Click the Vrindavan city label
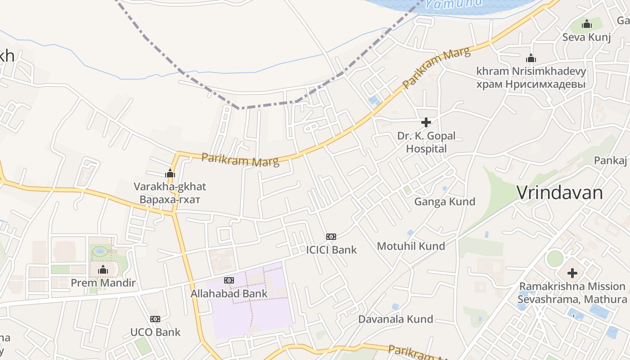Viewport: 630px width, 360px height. coord(559,193)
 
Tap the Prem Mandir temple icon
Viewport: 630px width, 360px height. coord(103,270)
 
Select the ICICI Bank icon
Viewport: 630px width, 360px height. coord(331,237)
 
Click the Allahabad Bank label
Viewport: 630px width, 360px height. coord(229,293)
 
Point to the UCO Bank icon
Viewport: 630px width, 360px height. coord(155,319)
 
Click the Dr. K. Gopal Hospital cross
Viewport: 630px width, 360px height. coord(426,122)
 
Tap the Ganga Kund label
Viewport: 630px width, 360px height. coord(445,201)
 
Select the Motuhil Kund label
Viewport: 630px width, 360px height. coord(411,246)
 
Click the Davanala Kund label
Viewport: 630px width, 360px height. coord(396,319)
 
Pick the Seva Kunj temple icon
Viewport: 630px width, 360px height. coord(587,24)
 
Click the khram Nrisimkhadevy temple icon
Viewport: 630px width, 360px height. coord(531,58)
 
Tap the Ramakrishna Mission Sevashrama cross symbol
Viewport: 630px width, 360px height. coord(572,273)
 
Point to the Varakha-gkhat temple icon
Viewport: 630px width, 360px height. coord(170,173)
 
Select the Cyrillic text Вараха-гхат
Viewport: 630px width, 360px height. coord(170,199)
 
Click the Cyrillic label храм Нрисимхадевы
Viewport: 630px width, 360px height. coord(531,84)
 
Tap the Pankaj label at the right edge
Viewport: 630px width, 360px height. coord(611,161)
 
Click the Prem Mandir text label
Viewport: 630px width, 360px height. coord(103,283)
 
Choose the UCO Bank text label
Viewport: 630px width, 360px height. coord(155,332)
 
